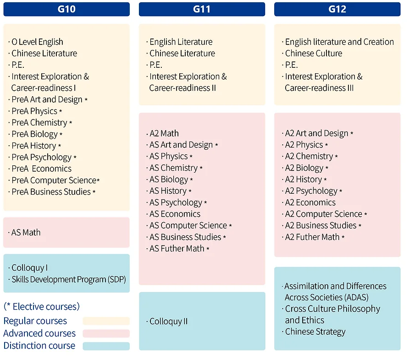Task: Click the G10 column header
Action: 66,9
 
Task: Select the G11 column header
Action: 202,9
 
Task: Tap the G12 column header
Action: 337,9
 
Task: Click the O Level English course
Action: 37,42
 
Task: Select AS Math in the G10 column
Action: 26,232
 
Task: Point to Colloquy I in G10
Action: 29,267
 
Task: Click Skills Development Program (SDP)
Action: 68,279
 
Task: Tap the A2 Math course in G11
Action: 164,133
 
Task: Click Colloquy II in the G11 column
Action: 168,321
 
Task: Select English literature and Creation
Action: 339,42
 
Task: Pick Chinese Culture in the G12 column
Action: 314,53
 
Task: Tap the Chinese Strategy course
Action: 315,332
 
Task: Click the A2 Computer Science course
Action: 323,214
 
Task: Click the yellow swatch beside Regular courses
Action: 106,321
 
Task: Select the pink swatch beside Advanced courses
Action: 106,333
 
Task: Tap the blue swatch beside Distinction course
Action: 106,346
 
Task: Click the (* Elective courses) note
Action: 41,306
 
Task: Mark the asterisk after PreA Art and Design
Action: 86,100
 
